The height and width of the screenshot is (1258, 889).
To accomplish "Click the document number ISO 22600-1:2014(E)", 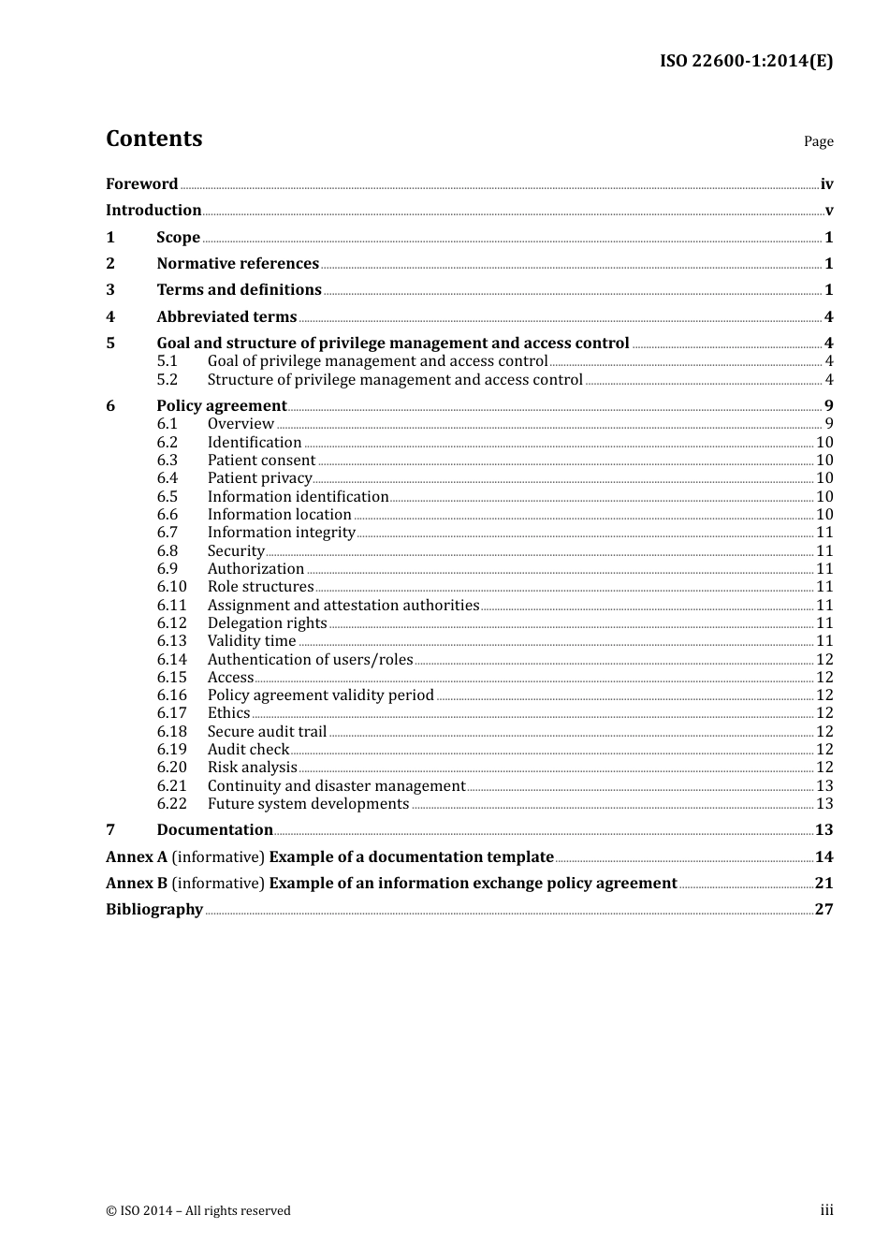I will [746, 62].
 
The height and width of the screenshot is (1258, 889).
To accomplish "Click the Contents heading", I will [153, 139].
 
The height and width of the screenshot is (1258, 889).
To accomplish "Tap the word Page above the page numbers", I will [818, 141].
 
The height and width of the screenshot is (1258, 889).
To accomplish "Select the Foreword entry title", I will [141, 184].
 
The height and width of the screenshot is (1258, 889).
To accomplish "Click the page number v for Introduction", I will [828, 211].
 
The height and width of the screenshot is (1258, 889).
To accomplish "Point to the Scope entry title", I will [178, 238].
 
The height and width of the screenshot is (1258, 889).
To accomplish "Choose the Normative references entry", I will [238, 264].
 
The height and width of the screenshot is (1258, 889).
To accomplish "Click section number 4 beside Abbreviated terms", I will [110, 317].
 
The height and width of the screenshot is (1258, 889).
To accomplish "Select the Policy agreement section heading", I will [221, 406].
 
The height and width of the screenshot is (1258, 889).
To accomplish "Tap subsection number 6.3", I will [168, 461].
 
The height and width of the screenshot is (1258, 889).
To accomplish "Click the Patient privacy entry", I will [259, 478].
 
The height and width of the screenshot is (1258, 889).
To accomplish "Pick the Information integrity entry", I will [281, 533].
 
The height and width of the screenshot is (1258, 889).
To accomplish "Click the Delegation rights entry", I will [267, 623].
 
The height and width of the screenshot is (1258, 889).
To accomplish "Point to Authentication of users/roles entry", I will [310, 660].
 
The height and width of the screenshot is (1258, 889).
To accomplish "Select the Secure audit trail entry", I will [267, 732].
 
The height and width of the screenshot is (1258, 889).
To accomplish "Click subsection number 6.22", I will [172, 804].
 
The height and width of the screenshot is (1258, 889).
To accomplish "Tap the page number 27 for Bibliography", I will [823, 910].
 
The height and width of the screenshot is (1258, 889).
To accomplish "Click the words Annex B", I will [137, 884].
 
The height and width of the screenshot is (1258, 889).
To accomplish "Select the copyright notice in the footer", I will [198, 1211].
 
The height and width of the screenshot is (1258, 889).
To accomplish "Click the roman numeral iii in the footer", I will [826, 1210].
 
